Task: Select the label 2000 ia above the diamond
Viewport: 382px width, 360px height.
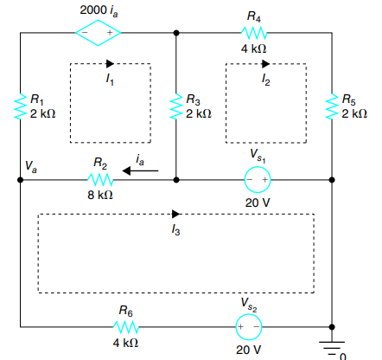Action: coord(100,10)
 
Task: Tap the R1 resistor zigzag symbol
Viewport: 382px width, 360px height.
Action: coord(20,108)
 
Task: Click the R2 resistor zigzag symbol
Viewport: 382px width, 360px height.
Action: coord(101,180)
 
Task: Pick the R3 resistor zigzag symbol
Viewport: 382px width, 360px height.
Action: coord(176,108)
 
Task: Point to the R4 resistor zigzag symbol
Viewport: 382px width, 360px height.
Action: coord(253,33)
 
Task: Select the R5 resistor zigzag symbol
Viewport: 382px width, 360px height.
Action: coord(332,106)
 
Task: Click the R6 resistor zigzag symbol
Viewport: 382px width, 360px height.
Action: coord(126,328)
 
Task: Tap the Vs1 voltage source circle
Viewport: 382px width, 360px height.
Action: coord(258,180)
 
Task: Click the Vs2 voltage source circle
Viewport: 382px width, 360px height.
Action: coord(248,328)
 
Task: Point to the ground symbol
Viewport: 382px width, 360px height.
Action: coord(332,344)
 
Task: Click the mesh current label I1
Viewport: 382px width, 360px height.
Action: coord(109,79)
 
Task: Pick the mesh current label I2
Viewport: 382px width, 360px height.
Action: coord(265,79)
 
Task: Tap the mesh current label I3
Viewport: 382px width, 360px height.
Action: coord(175,230)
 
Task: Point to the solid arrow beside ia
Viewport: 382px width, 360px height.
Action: coord(140,171)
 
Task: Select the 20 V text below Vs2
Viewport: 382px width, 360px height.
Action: coord(248,350)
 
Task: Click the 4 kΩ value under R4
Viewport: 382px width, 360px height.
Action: coord(253,49)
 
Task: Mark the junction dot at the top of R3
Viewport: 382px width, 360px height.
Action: coord(176,33)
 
